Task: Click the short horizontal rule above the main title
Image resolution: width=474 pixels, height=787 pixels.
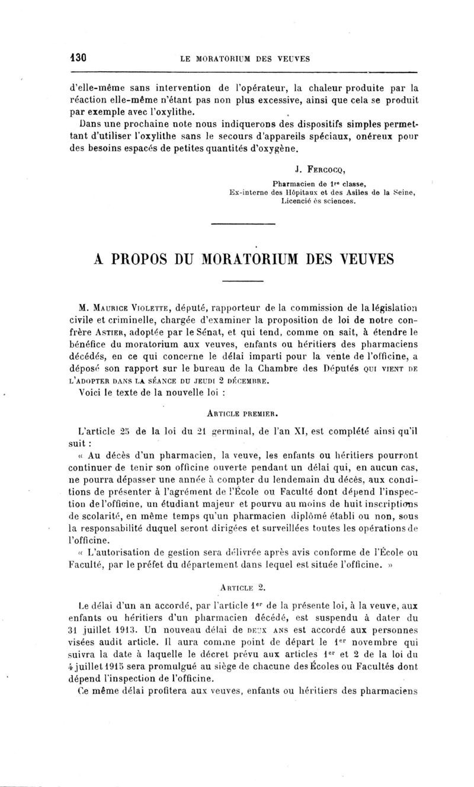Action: pos(239,224)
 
